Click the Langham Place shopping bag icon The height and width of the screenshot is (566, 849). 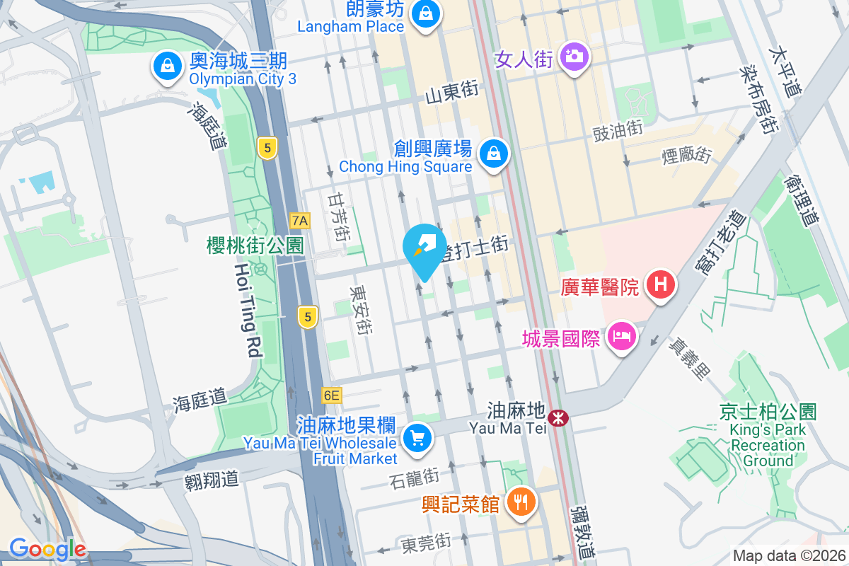coord(427,13)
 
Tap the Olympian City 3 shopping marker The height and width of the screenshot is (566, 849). coord(168,66)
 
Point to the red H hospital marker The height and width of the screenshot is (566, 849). coord(660,285)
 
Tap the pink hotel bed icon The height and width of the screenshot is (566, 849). coord(621,335)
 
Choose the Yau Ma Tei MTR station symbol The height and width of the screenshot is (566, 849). coord(559,417)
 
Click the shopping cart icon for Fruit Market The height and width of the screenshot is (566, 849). coord(417,439)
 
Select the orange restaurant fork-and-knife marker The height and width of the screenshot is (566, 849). coord(521,502)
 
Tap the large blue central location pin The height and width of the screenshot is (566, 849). coord(424,249)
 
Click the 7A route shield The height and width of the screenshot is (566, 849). coord(300,221)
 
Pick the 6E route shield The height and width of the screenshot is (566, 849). coord(331,395)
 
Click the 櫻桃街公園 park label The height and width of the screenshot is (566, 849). coord(255,246)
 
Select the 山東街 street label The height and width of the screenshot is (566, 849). coord(452,92)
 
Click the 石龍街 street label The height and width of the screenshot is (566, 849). coord(415,479)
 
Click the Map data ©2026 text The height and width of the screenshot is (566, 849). coord(788,556)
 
